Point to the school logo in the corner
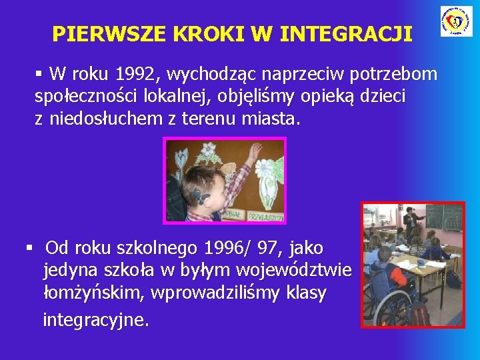point(456,21)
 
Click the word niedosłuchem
point(101,120)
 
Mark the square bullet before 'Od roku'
point(29,249)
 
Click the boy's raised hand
point(254,153)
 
